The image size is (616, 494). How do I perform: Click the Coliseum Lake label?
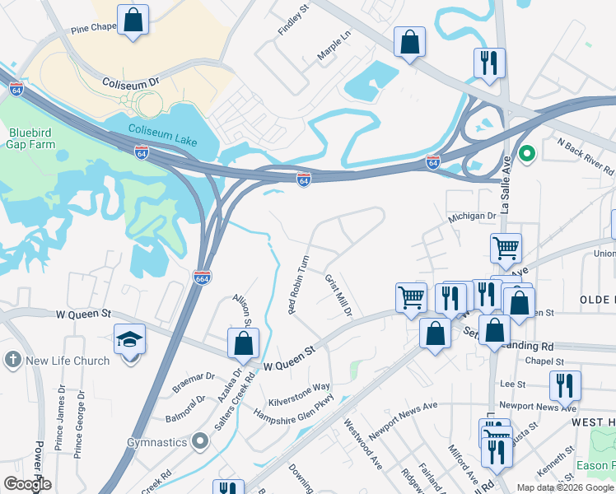(163, 135)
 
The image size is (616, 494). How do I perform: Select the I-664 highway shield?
(203, 277)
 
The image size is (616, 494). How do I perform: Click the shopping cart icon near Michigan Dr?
(505, 247)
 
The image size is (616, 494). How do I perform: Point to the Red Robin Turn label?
(297, 286)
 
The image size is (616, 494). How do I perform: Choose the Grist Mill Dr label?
(338, 295)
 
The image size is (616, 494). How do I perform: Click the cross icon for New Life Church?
(12, 360)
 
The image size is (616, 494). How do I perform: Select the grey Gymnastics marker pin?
(199, 443)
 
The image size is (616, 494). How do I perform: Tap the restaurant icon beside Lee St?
(564, 384)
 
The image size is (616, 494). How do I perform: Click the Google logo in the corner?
(27, 484)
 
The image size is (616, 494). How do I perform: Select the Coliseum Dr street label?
(130, 83)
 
